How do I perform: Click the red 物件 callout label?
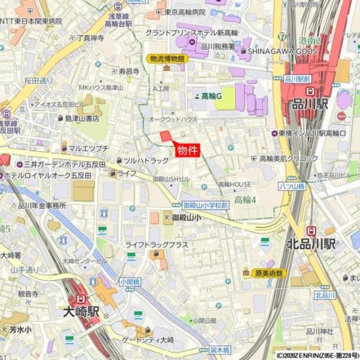(x=187, y=150)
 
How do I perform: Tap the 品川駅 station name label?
(x=310, y=105)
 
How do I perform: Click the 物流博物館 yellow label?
(x=167, y=58)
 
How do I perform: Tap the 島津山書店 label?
(x=82, y=118)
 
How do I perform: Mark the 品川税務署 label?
(x=217, y=47)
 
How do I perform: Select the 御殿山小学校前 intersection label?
(x=205, y=205)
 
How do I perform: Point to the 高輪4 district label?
(x=245, y=200)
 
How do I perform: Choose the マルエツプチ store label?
(x=88, y=148)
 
